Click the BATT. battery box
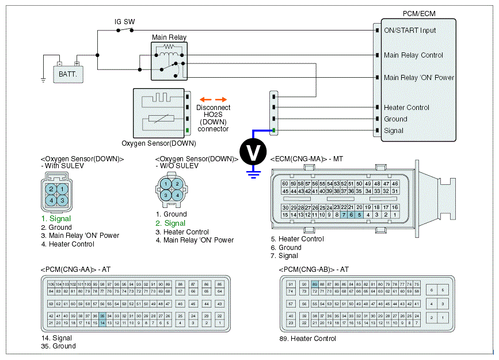pyautogui.click(x=68, y=74)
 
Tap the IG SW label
pyautogui.click(x=124, y=22)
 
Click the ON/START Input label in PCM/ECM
pyautogui.click(x=410, y=31)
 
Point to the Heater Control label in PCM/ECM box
pyautogui.click(x=406, y=108)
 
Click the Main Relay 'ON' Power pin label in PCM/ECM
pyautogui.click(x=419, y=78)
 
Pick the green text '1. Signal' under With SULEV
pyautogui.click(x=56, y=219)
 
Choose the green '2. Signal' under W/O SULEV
pyautogui.click(x=170, y=223)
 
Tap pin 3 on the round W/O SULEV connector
pyautogui.click(x=166, y=195)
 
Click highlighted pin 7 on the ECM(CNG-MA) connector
pyautogui.click(x=344, y=214)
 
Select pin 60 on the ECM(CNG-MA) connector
pyautogui.click(x=285, y=184)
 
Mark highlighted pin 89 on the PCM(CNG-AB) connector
pyautogui.click(x=314, y=284)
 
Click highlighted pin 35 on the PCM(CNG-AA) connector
pyautogui.click(x=102, y=316)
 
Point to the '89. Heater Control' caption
pyautogui.click(x=307, y=339)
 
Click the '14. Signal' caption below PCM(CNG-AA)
pyautogui.click(x=56, y=338)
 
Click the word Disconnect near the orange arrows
pyautogui.click(x=213, y=108)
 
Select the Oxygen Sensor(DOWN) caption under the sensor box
pyautogui.click(x=159, y=143)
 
